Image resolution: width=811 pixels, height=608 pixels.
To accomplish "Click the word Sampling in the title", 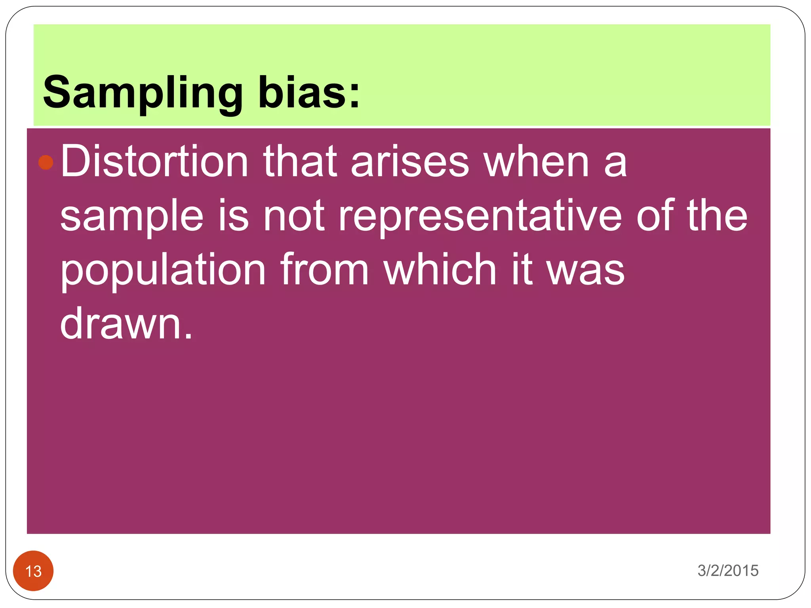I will point(143,93).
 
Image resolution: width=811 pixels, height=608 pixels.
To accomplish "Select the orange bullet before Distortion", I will point(46,162).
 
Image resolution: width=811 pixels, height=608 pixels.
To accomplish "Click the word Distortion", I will point(154,161).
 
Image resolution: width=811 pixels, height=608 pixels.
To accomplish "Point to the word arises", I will point(410,161).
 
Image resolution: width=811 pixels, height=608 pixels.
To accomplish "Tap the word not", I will point(294,216).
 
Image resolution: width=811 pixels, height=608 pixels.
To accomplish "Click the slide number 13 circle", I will point(33,571).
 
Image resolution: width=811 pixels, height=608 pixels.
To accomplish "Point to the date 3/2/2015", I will point(728,570).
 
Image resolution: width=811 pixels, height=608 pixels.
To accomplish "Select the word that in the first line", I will point(300,161).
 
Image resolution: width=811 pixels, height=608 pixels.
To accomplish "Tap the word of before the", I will point(655,216).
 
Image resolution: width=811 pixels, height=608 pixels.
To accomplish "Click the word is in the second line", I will point(234,216).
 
